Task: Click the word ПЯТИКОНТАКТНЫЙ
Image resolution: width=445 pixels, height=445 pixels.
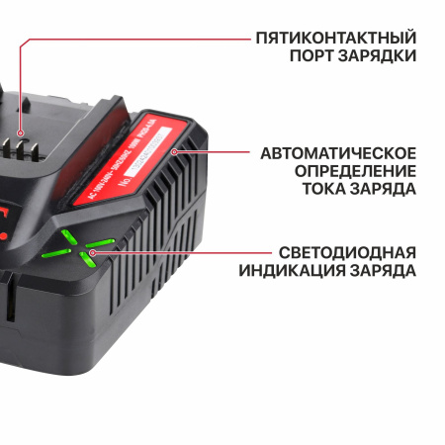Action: click(x=335, y=38)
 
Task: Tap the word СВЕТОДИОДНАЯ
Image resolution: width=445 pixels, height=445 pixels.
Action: click(x=346, y=251)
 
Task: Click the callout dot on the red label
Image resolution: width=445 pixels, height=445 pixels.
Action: click(x=174, y=152)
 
